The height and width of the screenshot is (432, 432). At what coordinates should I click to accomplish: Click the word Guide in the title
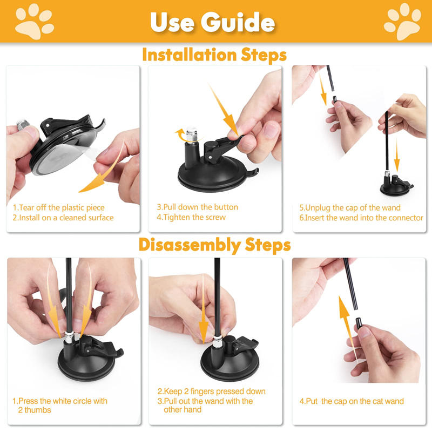pos(238,22)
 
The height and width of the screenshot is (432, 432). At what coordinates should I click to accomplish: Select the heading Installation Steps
pos(214,55)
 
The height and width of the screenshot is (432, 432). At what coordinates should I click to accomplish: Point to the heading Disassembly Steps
pos(214,245)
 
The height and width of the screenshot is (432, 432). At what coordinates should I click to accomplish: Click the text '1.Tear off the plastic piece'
pos(59,207)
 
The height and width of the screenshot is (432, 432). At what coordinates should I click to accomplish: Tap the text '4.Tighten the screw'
pos(191,217)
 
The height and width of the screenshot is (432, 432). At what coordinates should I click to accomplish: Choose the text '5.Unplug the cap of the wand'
pos(350,207)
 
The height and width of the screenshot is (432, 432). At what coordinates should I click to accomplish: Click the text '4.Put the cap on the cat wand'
pos(352,401)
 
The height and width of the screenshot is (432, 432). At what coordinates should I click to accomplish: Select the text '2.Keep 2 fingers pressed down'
pos(211,391)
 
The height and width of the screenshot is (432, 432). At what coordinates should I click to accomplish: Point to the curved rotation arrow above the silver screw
pos(181,135)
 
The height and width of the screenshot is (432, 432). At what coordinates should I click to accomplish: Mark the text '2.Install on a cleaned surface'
pos(63,218)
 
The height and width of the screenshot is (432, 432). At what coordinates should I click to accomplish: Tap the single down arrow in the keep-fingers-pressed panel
pos(204,308)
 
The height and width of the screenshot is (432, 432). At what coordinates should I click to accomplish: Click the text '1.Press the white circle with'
pos(60,401)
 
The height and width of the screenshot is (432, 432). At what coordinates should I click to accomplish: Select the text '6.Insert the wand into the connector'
pos(361,218)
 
